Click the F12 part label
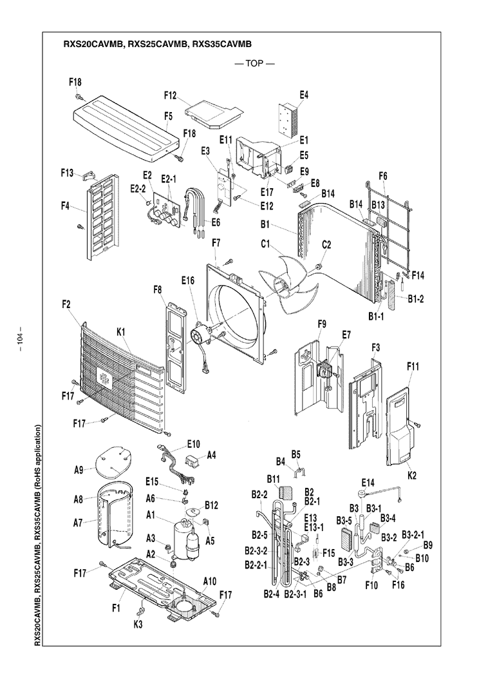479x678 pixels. tap(170, 95)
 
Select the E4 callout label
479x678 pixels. tap(304, 95)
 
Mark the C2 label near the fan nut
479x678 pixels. tap(326, 245)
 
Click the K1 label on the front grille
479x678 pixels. tap(120, 331)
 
